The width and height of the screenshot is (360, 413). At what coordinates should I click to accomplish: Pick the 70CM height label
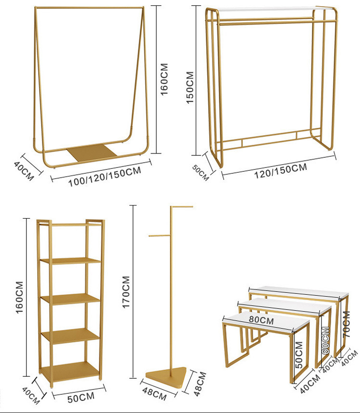click(x=346, y=326)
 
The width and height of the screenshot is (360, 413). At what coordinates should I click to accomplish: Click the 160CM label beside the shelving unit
click(x=20, y=297)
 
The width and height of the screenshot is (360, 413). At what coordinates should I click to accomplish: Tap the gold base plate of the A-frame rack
click(x=92, y=152)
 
